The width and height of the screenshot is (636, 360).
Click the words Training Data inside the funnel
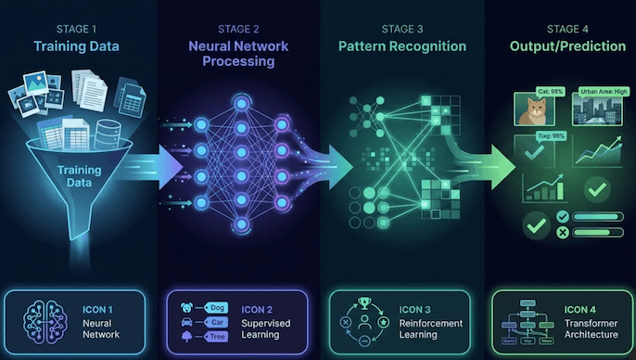[x=80, y=176]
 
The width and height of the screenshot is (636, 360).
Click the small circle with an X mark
[x=560, y=232]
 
